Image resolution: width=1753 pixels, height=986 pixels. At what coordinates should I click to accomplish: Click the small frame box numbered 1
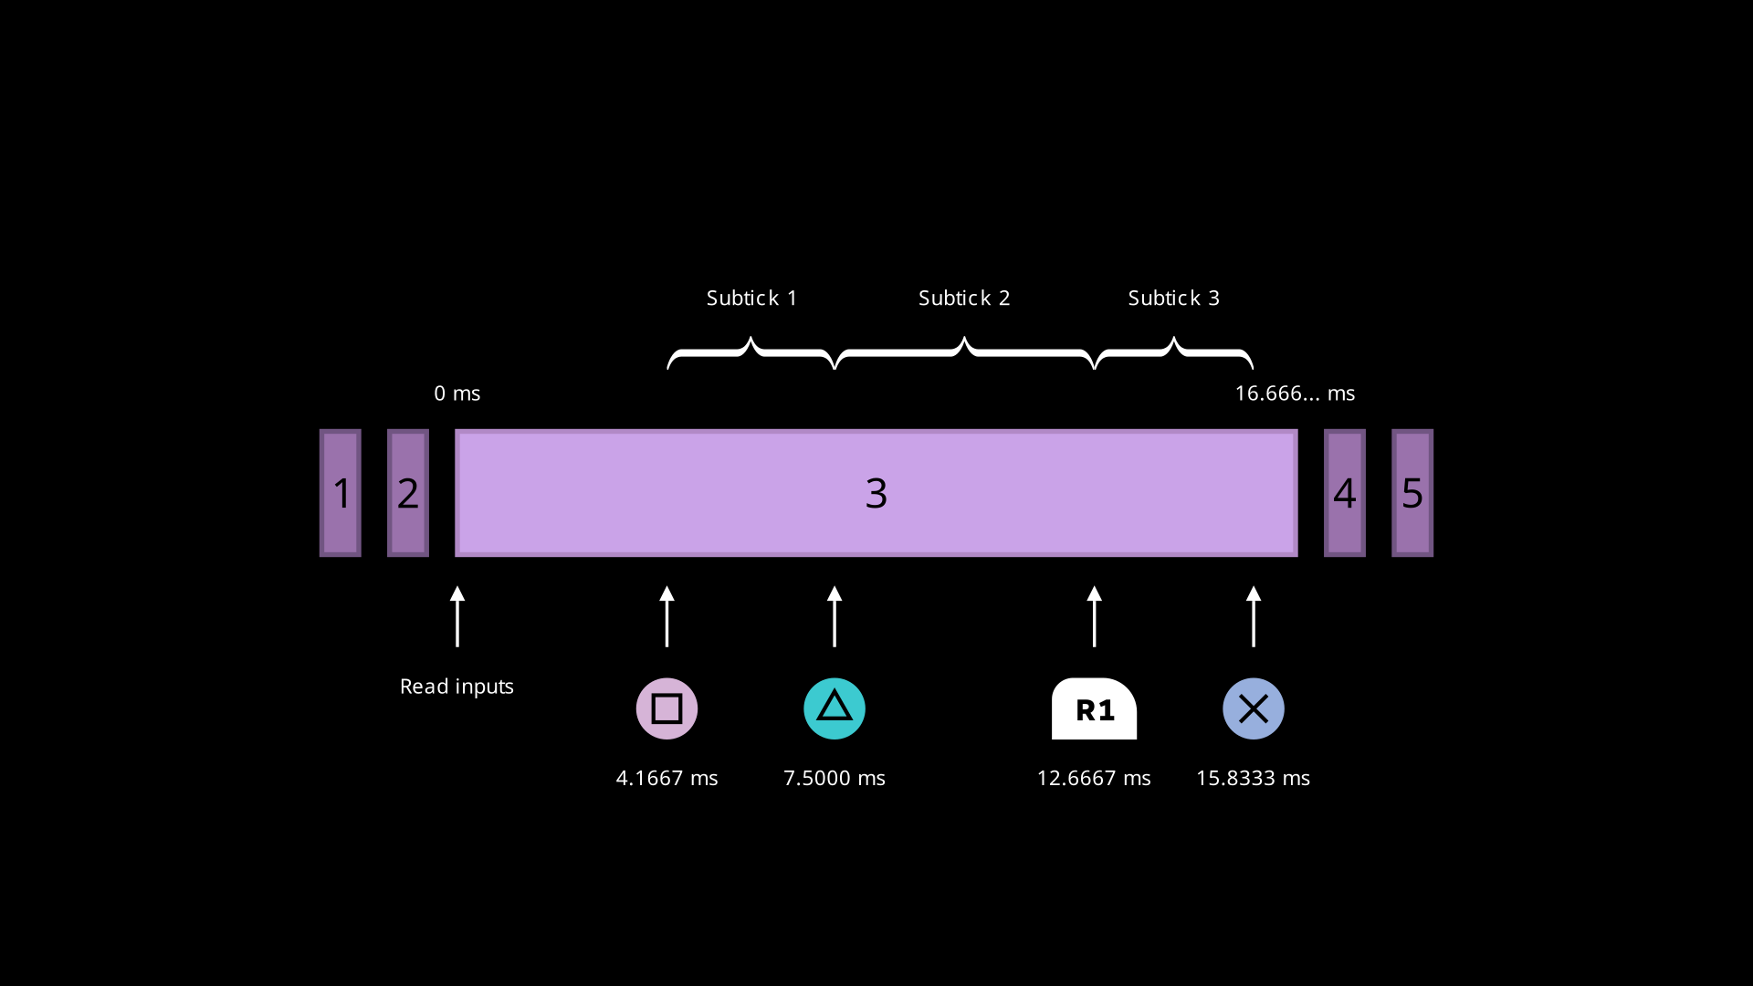click(341, 493)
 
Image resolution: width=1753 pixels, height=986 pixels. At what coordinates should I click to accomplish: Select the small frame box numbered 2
click(408, 493)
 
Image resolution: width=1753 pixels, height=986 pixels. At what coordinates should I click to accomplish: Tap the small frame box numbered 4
click(1345, 493)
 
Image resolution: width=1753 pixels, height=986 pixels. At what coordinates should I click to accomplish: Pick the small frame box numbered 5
click(1412, 493)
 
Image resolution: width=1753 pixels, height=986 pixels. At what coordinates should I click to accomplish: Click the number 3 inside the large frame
click(876, 494)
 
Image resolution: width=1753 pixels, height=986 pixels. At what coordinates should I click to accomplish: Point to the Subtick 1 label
click(751, 299)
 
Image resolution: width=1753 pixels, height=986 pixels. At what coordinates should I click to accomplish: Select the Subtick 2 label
click(964, 299)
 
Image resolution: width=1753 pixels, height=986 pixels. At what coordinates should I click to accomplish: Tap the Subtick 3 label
click(1173, 299)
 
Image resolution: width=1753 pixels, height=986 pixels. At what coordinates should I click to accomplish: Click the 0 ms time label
click(457, 393)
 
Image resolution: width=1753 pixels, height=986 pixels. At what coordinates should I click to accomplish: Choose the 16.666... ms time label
click(1295, 393)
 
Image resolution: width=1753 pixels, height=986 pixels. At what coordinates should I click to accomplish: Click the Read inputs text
click(457, 687)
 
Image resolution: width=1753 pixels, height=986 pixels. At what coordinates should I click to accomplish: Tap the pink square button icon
click(667, 708)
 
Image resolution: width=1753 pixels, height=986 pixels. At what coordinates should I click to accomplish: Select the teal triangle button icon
click(835, 708)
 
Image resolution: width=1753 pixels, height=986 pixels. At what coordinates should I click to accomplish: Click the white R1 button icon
click(1094, 709)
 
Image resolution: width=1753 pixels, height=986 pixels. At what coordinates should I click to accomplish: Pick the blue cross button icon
click(1254, 708)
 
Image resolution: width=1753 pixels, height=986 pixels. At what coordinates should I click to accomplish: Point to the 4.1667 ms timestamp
click(667, 779)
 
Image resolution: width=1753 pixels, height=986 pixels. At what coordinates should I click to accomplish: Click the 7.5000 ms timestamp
click(835, 779)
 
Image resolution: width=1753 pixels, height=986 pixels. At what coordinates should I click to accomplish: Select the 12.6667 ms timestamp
click(1094, 779)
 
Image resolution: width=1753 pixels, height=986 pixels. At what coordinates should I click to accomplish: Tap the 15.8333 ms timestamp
click(1253, 779)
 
